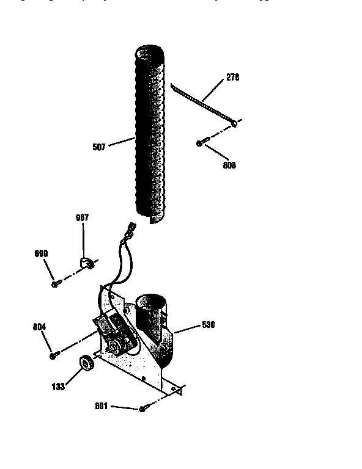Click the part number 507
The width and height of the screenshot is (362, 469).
click(99, 147)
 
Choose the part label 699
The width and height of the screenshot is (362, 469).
click(41, 253)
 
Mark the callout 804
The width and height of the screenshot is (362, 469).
click(40, 327)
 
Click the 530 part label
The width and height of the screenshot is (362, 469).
click(209, 325)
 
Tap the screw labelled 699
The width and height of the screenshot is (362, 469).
click(56, 283)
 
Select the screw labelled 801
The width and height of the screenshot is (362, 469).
click(142, 409)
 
